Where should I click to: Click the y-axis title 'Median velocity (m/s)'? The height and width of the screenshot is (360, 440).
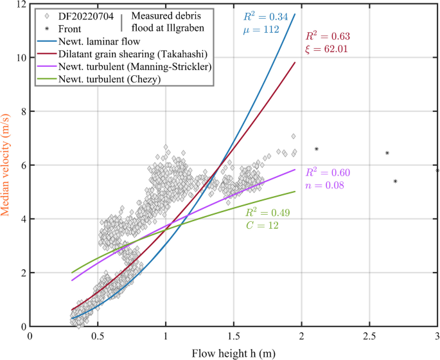(x=8, y=165)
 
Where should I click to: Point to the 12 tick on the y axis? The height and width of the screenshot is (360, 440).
(x=21, y=4)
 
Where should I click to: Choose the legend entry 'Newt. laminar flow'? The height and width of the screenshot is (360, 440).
(x=96, y=40)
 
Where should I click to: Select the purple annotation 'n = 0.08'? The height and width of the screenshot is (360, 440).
(x=325, y=186)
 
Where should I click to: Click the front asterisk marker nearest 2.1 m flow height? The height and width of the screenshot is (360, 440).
(x=316, y=149)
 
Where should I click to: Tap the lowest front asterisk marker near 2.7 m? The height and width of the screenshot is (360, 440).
(x=395, y=181)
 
